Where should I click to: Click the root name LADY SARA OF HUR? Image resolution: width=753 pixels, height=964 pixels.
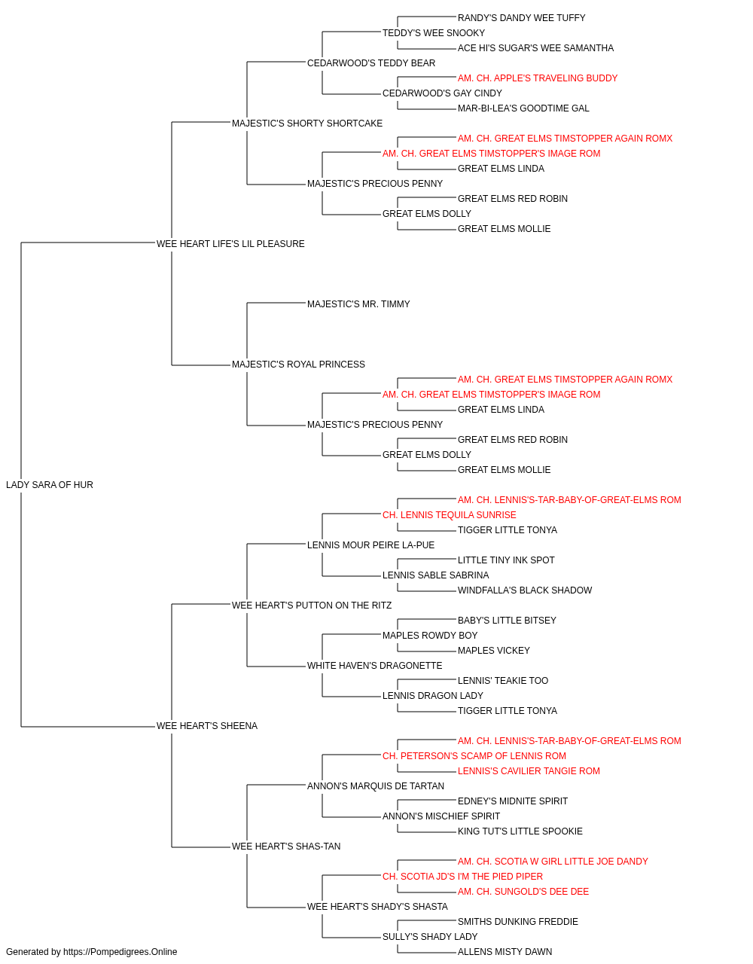50,485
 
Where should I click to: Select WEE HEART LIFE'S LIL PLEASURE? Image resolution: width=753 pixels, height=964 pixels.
230,244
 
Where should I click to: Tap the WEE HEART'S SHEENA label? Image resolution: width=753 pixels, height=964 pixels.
207,726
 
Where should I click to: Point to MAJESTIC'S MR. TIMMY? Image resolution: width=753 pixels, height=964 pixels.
358,304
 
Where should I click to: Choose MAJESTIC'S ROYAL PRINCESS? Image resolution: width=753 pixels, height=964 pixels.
298,365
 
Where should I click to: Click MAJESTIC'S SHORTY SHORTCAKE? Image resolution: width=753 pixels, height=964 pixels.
307,124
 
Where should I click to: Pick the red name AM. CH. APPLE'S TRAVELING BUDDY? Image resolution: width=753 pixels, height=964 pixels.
538,78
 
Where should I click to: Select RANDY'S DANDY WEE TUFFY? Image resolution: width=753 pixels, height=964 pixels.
522,18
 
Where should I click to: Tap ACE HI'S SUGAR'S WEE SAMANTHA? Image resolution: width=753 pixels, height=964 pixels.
535,48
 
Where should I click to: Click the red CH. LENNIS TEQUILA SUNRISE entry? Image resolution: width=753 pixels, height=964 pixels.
450,515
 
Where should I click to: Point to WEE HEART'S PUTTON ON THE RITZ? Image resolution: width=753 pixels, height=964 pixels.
312,606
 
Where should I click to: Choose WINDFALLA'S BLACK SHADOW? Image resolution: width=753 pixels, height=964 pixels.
525,590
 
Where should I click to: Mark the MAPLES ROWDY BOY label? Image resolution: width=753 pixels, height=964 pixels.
430,636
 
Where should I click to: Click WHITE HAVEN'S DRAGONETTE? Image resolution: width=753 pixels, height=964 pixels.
375,666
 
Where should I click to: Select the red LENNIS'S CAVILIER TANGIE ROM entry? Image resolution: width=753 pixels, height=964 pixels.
529,771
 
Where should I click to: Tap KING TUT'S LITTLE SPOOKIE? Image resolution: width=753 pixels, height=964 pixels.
520,831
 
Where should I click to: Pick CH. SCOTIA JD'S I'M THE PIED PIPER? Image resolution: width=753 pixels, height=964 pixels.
462,877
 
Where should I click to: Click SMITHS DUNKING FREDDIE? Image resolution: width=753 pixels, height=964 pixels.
518,922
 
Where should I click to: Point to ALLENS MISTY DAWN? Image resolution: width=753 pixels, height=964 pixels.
505,952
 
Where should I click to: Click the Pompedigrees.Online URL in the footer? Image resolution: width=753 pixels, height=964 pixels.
120,952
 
